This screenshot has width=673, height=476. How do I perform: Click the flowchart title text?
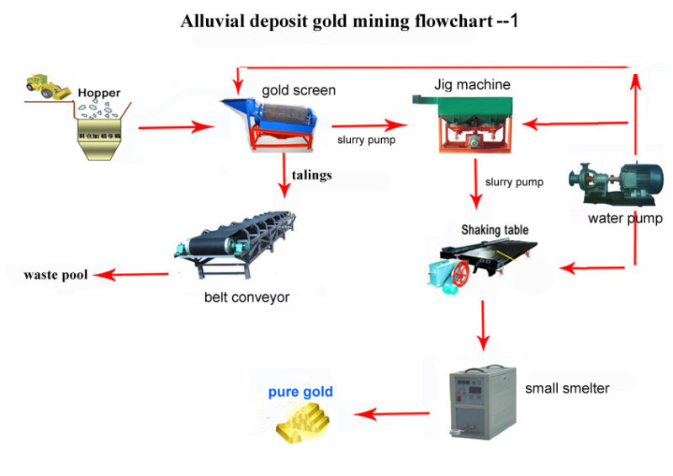pyautogui.click(x=349, y=20)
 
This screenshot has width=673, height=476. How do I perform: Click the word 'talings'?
pyautogui.click(x=311, y=175)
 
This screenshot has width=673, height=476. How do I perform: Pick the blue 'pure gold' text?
pyautogui.click(x=300, y=392)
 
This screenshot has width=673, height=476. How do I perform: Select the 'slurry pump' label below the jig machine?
pyautogui.click(x=514, y=181)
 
